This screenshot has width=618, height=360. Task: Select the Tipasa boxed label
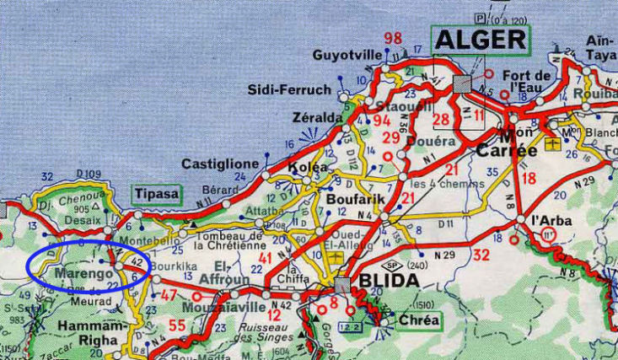click(x=156, y=194)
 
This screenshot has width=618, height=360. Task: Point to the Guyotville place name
click(x=347, y=56)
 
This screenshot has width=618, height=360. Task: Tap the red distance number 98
click(x=392, y=38)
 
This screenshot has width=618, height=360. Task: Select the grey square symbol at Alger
click(x=462, y=83)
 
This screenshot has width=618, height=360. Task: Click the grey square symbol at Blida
click(x=341, y=285)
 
